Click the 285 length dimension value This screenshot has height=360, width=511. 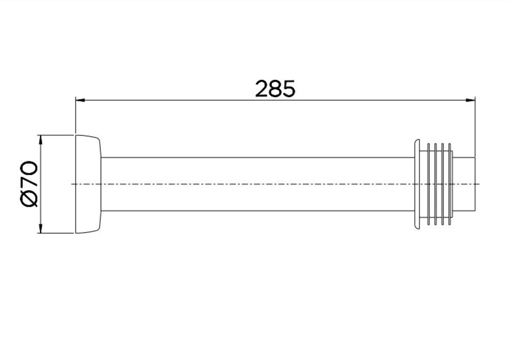tap(275, 89)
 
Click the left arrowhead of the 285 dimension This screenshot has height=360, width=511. tap(80, 101)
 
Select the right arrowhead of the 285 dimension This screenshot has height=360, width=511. tap(470, 101)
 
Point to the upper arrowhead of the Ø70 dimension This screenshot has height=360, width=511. tap(40, 140)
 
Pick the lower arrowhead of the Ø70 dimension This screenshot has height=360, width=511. tap(40, 228)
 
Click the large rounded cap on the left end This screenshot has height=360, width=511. tap(88, 184)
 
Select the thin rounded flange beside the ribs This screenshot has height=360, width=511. tap(417, 184)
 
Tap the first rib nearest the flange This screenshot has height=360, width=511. tap(429, 184)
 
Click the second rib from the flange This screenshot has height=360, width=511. tap(436, 184)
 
